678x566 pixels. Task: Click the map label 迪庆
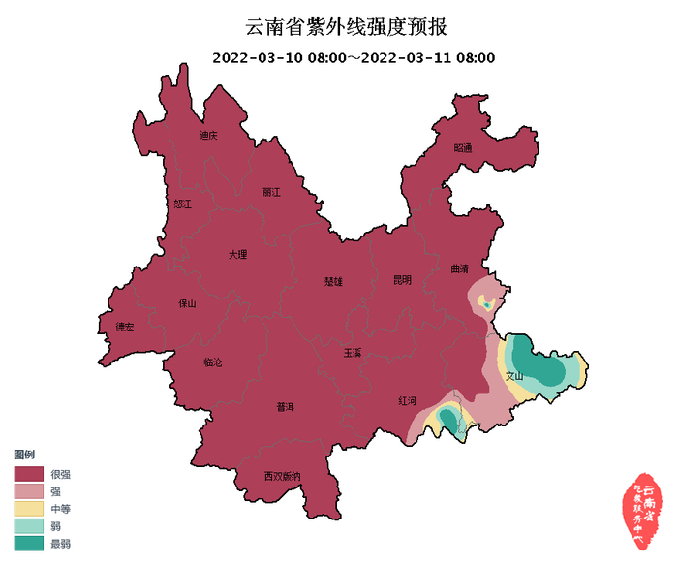208,136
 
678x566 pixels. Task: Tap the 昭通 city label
463,148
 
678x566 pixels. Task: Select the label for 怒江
183,204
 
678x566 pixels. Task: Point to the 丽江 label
270,192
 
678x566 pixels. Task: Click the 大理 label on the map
237,255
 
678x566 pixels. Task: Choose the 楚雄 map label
333,282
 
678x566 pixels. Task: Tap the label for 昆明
402,280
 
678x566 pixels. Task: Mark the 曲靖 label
459,268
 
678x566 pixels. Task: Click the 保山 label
187,303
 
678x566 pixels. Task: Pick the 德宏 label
124,327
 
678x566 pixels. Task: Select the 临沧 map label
212,362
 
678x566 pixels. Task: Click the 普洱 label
285,406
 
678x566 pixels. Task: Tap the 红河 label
407,400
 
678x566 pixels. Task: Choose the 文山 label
514,376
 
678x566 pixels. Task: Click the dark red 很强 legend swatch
29,475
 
